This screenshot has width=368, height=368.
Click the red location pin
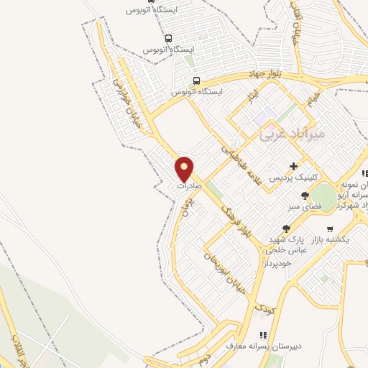185,168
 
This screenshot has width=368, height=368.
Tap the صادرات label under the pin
186,185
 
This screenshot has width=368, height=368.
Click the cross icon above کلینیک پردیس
293,166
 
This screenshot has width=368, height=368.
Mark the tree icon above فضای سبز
305,195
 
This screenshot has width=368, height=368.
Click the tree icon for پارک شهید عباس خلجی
285,228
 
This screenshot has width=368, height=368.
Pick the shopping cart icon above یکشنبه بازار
330,229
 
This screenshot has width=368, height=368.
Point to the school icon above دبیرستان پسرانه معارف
262,335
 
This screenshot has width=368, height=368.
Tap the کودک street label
263,310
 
